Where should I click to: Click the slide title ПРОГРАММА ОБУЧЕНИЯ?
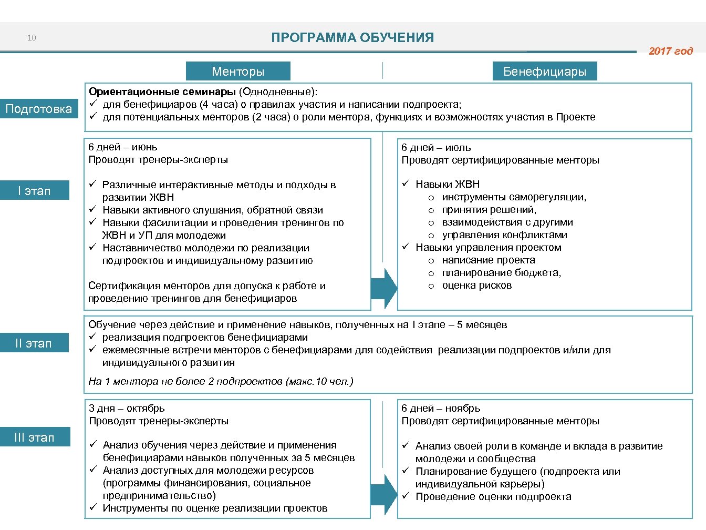(x=352, y=38)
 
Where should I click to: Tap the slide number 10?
(x=32, y=38)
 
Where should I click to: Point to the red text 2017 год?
(x=670, y=51)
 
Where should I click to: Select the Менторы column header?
(x=238, y=72)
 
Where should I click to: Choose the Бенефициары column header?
(x=545, y=72)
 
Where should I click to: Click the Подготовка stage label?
(x=38, y=109)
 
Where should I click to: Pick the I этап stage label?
(x=34, y=191)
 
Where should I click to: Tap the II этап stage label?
(x=34, y=343)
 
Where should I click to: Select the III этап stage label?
(x=34, y=437)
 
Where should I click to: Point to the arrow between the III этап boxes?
(x=385, y=495)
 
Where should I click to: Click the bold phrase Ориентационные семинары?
(x=162, y=92)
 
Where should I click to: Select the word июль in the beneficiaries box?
(x=458, y=148)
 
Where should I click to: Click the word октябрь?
(x=146, y=409)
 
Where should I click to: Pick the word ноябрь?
(x=463, y=409)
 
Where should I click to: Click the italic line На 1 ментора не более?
(x=221, y=381)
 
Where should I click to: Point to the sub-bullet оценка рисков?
(x=476, y=286)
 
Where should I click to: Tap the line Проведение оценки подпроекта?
(x=493, y=497)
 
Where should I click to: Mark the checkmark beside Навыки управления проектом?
(x=406, y=247)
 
